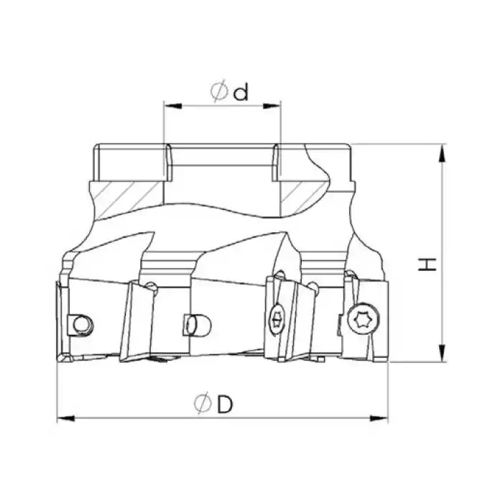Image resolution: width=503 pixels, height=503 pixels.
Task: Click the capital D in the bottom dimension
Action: click(x=225, y=405)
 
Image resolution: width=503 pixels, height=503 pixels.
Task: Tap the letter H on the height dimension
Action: click(x=429, y=264)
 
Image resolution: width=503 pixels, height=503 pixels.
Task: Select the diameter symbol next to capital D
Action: click(x=203, y=405)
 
